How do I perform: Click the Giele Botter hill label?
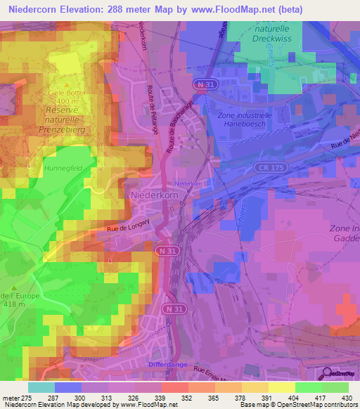click(66, 93)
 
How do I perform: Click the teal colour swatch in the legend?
click(41, 387)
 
